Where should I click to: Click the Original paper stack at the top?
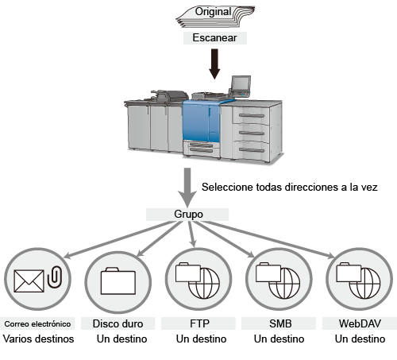click(215, 16)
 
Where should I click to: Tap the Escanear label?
click(215, 38)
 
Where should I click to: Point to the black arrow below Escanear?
click(214, 64)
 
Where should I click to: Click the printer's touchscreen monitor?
click(241, 83)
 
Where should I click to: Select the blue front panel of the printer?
click(201, 122)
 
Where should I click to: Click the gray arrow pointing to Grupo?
click(187, 188)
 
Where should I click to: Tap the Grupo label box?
click(187, 215)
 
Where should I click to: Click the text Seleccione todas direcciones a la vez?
click(290, 187)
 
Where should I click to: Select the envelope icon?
click(29, 281)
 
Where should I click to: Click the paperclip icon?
click(55, 277)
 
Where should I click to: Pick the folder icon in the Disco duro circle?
click(118, 281)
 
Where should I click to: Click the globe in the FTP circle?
click(204, 283)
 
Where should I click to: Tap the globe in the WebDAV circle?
click(365, 283)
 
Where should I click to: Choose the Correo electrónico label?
click(37, 323)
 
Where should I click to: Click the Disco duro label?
click(118, 323)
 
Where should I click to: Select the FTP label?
click(198, 323)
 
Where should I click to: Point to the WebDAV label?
click(360, 323)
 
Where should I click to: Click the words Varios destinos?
click(38, 339)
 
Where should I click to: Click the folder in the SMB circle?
click(268, 273)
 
